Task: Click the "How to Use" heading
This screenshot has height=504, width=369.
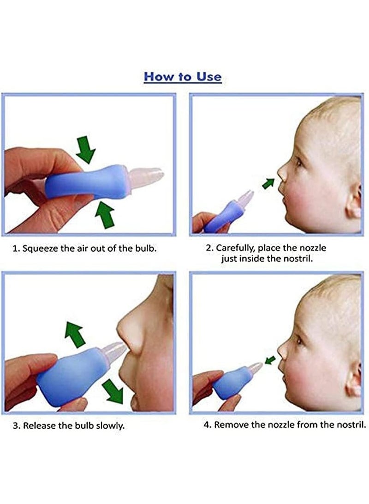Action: point(183,77)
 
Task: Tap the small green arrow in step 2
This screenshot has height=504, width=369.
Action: point(268,183)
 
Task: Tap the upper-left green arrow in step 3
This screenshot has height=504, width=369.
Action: point(74,334)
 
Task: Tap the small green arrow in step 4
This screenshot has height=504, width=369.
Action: point(270,360)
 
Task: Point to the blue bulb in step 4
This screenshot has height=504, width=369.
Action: point(232,383)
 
